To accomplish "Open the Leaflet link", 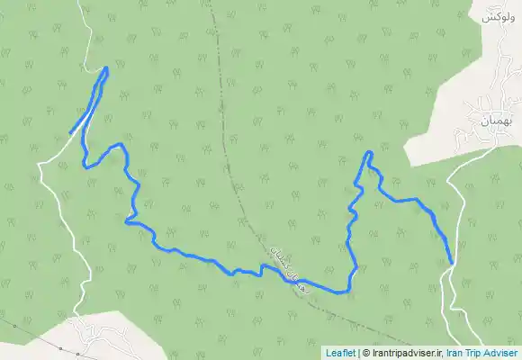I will pos(340,353).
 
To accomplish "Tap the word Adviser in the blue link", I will pos(501,353).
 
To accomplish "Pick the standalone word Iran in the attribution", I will pos(455,353).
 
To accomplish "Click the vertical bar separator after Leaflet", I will pos(359,353).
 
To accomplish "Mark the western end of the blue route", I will pos(71,133).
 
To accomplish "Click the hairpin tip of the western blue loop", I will pos(106,68).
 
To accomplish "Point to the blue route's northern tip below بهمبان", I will pos(369,153).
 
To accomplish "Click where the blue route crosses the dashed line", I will pos(286,274).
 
